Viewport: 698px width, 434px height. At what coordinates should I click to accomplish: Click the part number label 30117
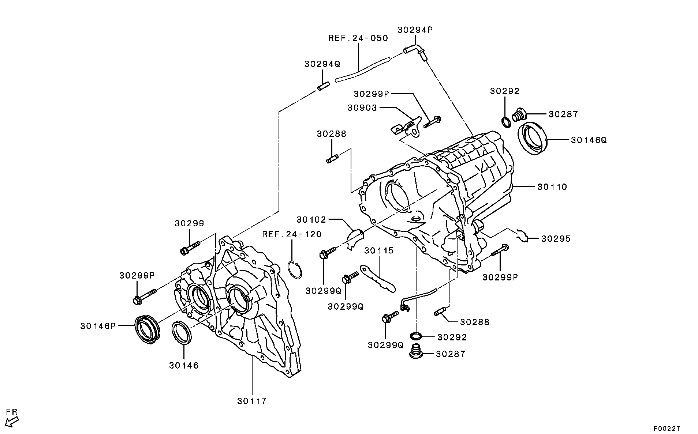click(252, 401)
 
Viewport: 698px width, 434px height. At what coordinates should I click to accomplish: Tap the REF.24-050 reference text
click(358, 38)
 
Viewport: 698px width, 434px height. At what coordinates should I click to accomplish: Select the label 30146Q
click(589, 140)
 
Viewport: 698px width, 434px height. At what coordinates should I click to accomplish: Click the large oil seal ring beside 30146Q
click(533, 139)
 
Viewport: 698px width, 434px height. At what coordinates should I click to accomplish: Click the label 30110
click(552, 187)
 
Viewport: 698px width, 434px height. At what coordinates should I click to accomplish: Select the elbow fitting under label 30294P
click(415, 51)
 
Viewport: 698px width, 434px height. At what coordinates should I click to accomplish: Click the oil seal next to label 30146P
click(148, 328)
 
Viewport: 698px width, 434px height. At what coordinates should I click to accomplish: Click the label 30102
click(311, 220)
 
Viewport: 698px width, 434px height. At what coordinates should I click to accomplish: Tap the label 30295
click(556, 239)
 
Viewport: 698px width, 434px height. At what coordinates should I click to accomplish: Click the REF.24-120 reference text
click(292, 234)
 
